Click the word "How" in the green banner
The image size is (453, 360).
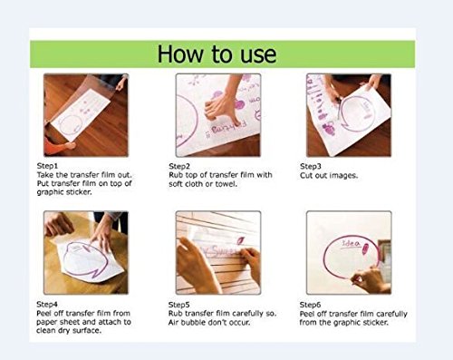coord(180,54)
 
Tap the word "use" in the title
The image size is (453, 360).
coord(258,55)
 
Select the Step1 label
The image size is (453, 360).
coord(47,166)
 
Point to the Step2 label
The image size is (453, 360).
coord(179,166)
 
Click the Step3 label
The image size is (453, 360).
coord(311,166)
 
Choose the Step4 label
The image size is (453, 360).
coord(47,304)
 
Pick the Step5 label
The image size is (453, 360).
coord(179,305)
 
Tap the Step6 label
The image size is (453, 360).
coord(310,305)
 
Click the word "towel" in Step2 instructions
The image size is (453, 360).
coord(226,184)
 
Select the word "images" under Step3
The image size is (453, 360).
coord(343,176)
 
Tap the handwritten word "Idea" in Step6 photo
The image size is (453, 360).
coord(351,243)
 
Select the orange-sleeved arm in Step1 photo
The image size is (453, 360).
coord(58,145)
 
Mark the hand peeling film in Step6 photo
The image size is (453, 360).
coord(368,280)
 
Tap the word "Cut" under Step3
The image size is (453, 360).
coord(306,176)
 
